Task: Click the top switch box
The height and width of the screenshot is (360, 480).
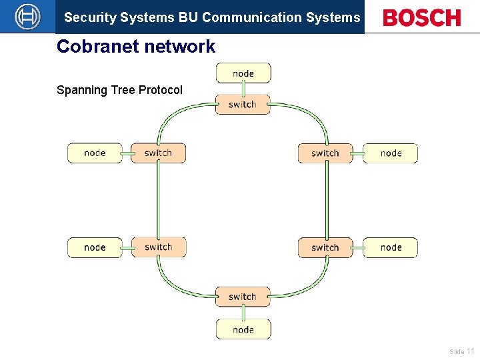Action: tap(243, 105)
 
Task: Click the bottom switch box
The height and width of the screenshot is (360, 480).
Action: tap(243, 297)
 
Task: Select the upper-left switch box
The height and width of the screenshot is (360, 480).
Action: tap(158, 153)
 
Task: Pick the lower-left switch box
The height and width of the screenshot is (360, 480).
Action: tap(158, 247)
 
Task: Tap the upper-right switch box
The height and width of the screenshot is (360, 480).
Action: tap(325, 153)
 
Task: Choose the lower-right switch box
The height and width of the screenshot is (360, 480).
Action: tap(325, 247)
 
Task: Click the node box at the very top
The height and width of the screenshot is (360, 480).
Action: tap(243, 73)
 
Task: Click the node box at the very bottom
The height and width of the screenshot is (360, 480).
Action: tap(243, 329)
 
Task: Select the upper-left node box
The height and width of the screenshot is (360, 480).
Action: tap(95, 153)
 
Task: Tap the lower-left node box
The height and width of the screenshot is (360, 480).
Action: tap(95, 247)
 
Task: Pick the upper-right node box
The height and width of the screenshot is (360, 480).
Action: tap(391, 153)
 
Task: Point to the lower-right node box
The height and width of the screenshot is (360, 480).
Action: tap(391, 247)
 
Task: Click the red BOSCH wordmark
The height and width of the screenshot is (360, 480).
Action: tap(422, 18)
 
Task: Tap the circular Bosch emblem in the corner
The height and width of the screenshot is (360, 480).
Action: tap(27, 17)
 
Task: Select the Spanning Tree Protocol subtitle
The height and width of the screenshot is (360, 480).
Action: tap(119, 90)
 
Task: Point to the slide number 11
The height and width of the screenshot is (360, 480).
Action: tap(471, 351)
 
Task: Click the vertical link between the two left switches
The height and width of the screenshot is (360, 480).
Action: tap(158, 200)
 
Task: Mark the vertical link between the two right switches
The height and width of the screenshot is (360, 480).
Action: tap(326, 200)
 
